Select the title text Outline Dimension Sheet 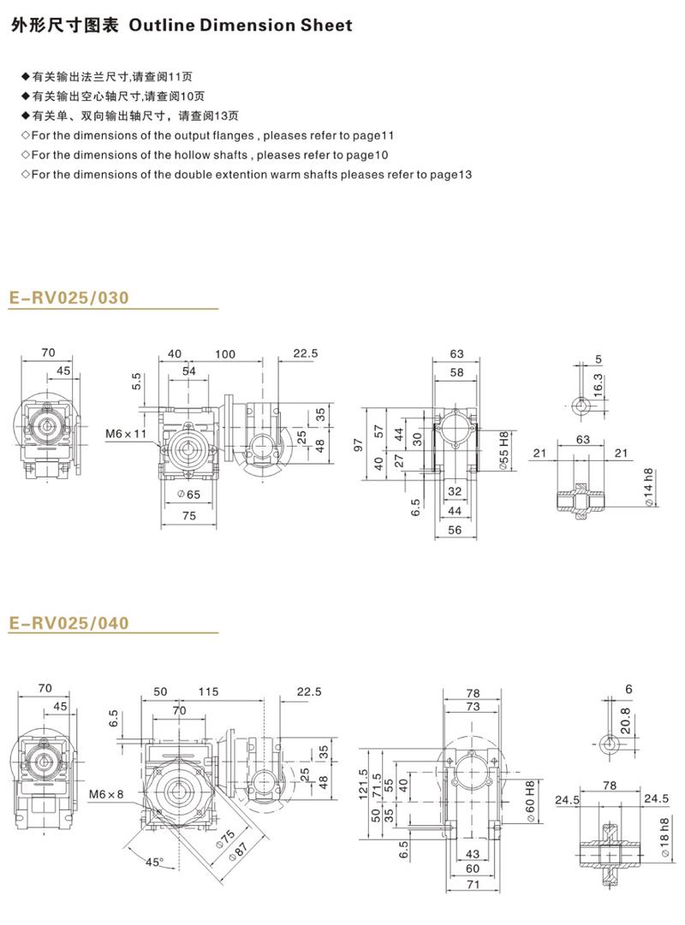click(240, 26)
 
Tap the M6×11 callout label click(126, 435)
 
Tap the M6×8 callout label click(109, 793)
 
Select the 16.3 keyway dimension click(598, 382)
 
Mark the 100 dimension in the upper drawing click(225, 353)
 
